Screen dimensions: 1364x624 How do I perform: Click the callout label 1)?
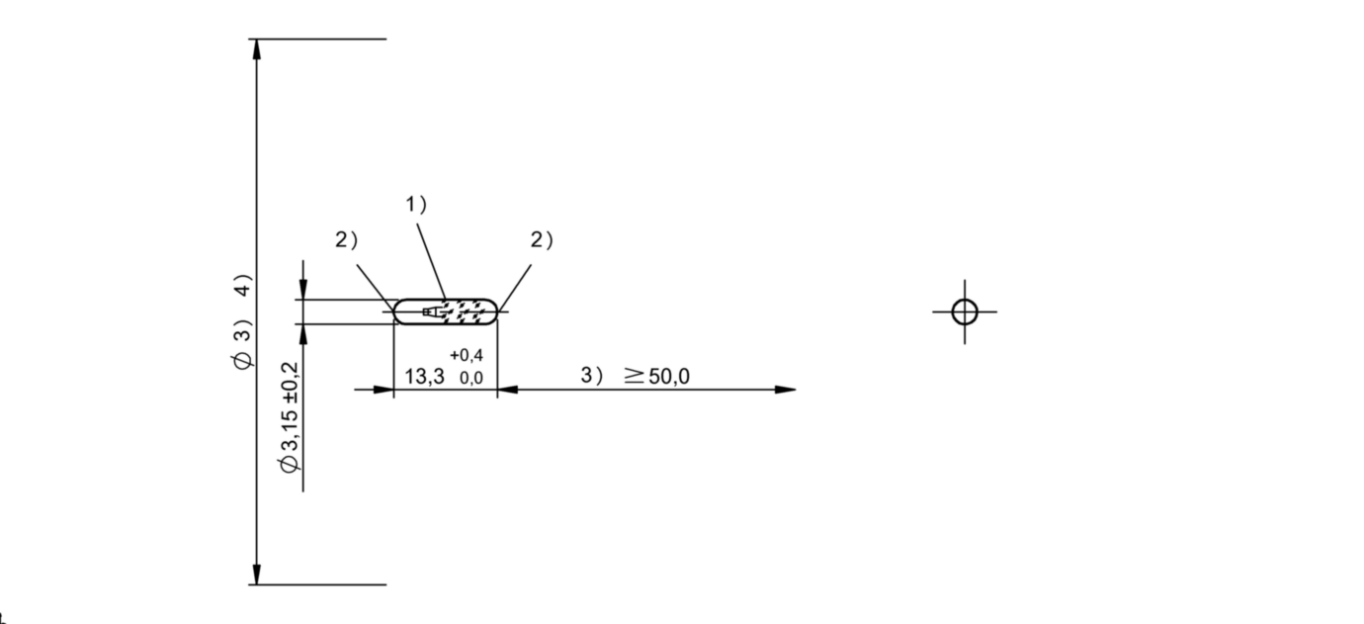coord(416,205)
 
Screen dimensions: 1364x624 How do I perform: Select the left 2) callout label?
coord(347,240)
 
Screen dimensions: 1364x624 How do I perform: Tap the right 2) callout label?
coord(542,240)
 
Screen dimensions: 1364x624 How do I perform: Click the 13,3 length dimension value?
coord(424,377)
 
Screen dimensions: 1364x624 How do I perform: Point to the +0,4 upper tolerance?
coord(467,355)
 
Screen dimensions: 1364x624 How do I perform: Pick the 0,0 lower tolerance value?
coord(471,379)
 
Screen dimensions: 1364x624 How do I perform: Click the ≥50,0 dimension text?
coord(657,377)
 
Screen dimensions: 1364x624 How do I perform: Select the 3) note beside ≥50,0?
coord(592,376)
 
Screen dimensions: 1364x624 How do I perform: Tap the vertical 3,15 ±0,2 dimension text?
coord(290,416)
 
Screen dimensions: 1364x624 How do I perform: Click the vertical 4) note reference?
coord(243,285)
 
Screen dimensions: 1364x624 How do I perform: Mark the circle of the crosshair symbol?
coord(965,312)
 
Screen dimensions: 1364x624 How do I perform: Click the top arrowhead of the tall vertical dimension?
coord(257,49)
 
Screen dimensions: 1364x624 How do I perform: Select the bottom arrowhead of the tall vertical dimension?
coord(257,574)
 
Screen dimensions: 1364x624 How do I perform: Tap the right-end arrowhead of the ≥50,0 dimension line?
coord(786,390)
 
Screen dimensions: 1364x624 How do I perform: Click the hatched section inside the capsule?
coord(466,312)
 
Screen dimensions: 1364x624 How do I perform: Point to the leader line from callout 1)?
coord(432,262)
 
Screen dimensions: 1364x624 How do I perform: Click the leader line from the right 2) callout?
coord(515,288)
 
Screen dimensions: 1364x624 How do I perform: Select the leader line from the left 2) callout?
coord(376,288)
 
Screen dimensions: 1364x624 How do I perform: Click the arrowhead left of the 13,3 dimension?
coord(384,390)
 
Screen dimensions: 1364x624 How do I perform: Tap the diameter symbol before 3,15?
coord(290,465)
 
